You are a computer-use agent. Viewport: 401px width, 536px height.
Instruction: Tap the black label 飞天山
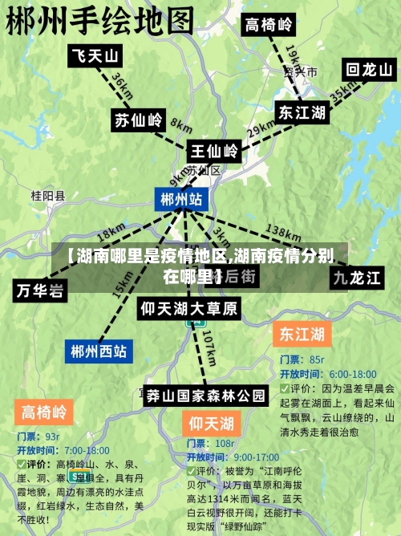[x=95, y=55]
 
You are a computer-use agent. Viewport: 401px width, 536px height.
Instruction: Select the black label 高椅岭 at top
[x=269, y=24]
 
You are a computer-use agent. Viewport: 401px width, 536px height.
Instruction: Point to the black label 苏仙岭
[x=138, y=120]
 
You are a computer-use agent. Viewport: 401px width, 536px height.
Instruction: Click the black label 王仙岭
[x=213, y=150]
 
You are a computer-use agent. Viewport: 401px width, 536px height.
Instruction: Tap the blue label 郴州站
[x=180, y=199]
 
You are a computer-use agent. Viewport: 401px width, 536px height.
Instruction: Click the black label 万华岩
[x=39, y=290]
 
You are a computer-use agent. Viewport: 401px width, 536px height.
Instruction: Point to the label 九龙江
[x=358, y=278]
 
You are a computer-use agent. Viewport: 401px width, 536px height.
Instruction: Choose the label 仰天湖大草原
[x=189, y=308]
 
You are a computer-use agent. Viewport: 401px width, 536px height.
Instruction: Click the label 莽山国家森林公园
[x=206, y=395]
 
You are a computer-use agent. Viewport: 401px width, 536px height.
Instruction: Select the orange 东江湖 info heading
[x=301, y=333]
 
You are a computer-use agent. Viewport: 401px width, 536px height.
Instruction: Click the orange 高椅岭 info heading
[x=43, y=413]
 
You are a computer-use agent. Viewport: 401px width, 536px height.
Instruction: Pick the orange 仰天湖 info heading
[x=211, y=422]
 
